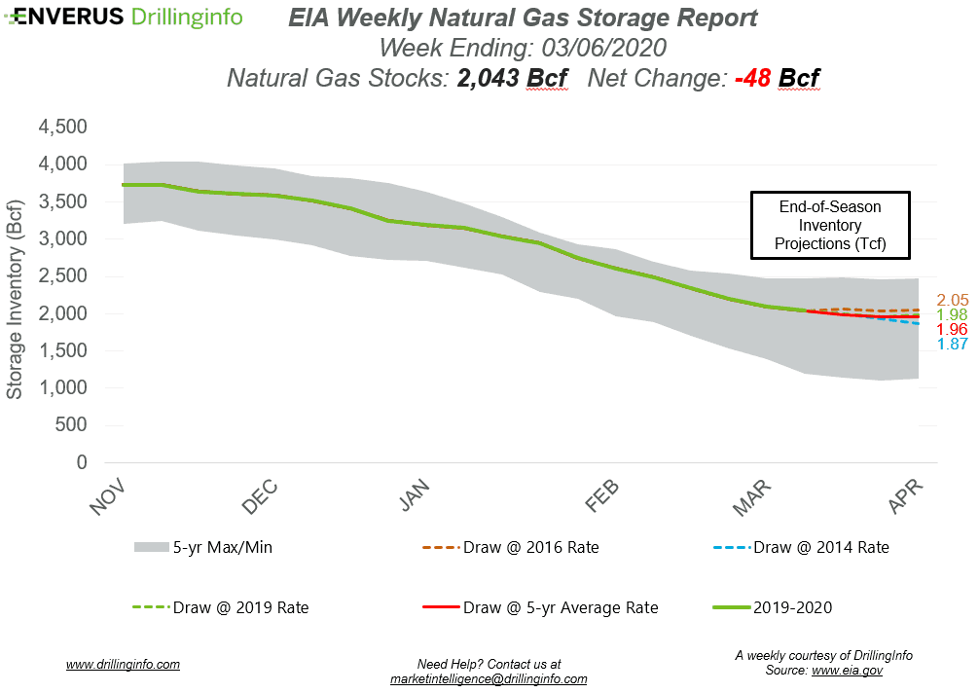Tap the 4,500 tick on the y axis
click(62, 128)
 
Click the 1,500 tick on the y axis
click(62, 351)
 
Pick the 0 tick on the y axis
click(81, 463)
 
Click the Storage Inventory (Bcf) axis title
click(15, 296)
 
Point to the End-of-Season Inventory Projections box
click(830, 225)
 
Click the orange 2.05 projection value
click(952, 300)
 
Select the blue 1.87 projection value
click(952, 345)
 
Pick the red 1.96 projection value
click(952, 330)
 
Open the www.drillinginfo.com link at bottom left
click(123, 665)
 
